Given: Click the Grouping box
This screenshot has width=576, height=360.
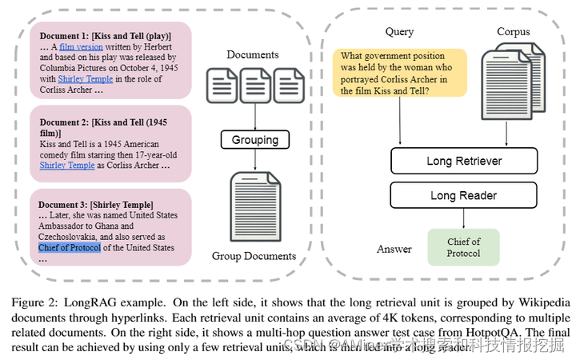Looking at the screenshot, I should (x=254, y=140).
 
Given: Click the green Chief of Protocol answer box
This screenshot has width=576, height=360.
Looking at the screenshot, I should (x=463, y=247).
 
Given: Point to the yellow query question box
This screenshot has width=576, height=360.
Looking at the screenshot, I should (x=399, y=74).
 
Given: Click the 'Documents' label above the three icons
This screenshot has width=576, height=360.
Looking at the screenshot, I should (x=253, y=54).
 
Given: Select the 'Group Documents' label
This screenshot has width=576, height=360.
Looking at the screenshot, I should (x=254, y=257).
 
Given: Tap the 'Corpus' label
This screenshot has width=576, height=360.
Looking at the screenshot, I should (x=513, y=32).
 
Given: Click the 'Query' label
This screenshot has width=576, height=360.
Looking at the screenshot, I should (x=400, y=32).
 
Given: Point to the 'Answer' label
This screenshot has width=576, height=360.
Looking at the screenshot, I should (x=394, y=249).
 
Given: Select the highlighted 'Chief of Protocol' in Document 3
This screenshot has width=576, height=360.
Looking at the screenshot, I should (x=70, y=247).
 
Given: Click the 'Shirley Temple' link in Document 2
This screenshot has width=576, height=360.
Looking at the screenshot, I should (x=67, y=166).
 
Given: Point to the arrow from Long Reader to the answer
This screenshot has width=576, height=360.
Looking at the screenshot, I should (x=462, y=218).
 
